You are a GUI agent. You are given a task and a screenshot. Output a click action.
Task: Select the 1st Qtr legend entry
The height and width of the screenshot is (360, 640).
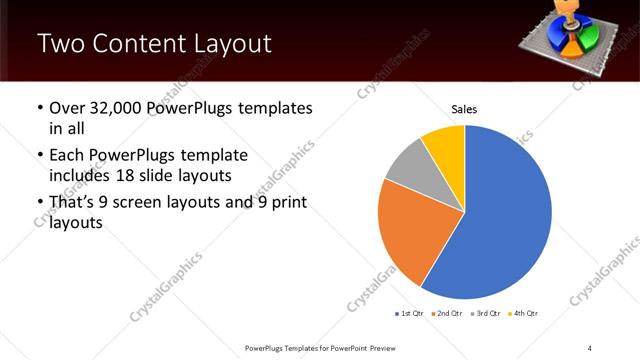(410, 314)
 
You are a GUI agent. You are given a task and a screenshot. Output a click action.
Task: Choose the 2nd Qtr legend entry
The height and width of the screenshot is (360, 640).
(447, 314)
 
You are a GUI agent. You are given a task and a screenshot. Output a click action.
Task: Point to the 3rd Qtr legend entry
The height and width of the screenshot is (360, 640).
(485, 314)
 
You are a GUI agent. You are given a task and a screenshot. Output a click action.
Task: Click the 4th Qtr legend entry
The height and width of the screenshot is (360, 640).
(523, 314)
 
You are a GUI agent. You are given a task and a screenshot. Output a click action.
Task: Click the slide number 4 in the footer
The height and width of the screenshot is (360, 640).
(590, 347)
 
